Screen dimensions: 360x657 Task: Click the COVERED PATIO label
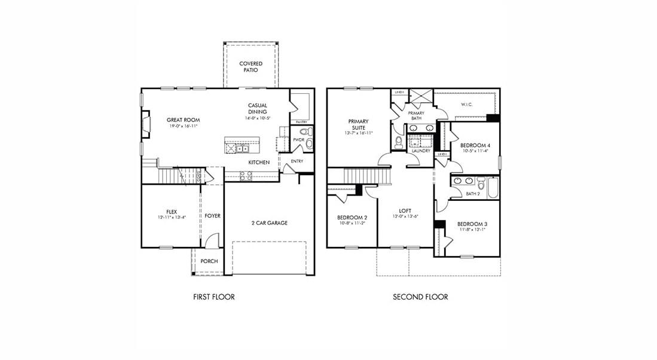[x=250, y=66]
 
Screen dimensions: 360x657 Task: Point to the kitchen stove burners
[x=245, y=175]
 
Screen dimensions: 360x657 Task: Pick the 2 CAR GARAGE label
[x=269, y=223]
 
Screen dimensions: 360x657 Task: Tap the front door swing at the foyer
[x=209, y=242]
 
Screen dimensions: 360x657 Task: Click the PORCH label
[x=209, y=261]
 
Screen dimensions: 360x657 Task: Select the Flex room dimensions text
[x=172, y=217]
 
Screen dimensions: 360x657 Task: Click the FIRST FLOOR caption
[x=213, y=297]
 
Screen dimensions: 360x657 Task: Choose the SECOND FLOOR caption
[x=420, y=297]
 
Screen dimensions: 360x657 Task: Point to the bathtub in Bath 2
[x=491, y=187]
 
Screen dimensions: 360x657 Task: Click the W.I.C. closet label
[x=466, y=105]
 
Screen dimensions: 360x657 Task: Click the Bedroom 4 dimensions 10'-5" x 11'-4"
[x=475, y=151]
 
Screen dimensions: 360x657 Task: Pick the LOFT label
[x=404, y=210]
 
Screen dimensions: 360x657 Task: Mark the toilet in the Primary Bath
[x=399, y=142]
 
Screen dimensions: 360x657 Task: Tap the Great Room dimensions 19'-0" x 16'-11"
[x=182, y=126]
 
